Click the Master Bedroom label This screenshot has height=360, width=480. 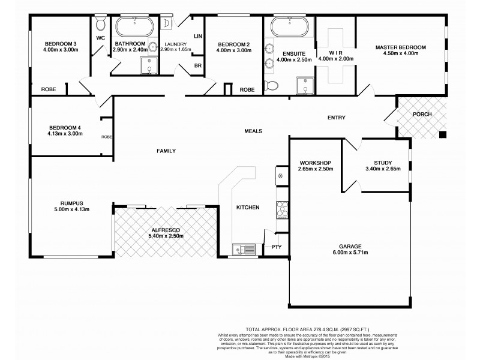coord(400,47)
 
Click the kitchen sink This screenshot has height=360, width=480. coord(244,248)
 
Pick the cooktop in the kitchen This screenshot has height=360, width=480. coord(282,209)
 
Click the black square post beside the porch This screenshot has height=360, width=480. coord(443,134)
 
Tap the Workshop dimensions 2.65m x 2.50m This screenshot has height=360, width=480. coord(315,169)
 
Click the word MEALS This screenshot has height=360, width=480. coord(253,131)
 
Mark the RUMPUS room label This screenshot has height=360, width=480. coord(62,203)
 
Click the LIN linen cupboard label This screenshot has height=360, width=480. coord(196,37)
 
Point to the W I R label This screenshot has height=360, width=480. coord(336,52)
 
